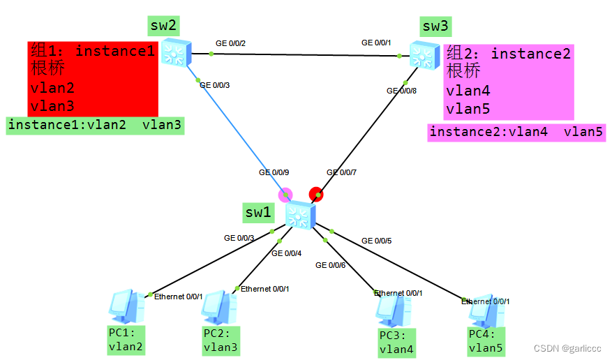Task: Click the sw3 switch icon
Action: [422, 54]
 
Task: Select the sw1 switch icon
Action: [301, 214]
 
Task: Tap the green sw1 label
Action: [258, 212]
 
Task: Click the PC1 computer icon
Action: [126, 306]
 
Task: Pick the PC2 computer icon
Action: [219, 306]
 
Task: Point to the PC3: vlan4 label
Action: [396, 343]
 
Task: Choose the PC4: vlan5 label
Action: [486, 341]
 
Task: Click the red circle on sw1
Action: [316, 193]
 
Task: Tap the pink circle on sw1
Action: [285, 193]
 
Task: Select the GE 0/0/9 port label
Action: [274, 172]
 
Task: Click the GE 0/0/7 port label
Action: [341, 172]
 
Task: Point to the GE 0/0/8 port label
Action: [402, 91]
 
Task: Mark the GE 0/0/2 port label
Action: [230, 43]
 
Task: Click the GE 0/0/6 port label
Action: [330, 264]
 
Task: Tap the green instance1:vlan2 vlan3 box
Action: [95, 126]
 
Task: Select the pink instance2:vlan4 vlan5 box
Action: [516, 132]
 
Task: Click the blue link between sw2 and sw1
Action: [237, 133]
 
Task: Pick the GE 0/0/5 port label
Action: [376, 241]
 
